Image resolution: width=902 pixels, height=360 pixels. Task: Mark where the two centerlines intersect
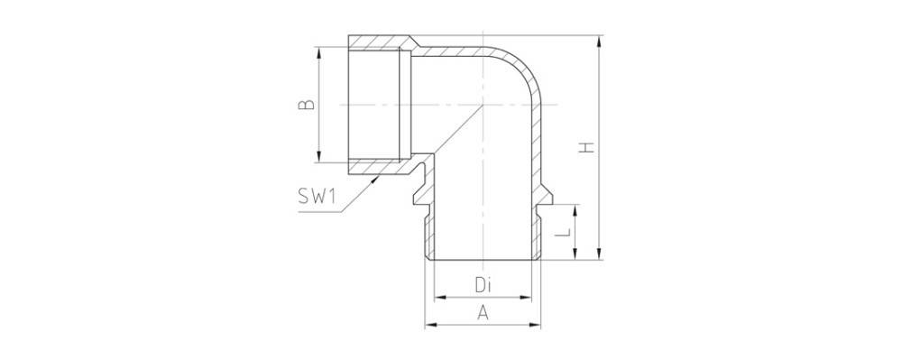click(483, 104)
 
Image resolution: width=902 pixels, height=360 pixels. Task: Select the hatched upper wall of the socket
click(379, 42)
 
